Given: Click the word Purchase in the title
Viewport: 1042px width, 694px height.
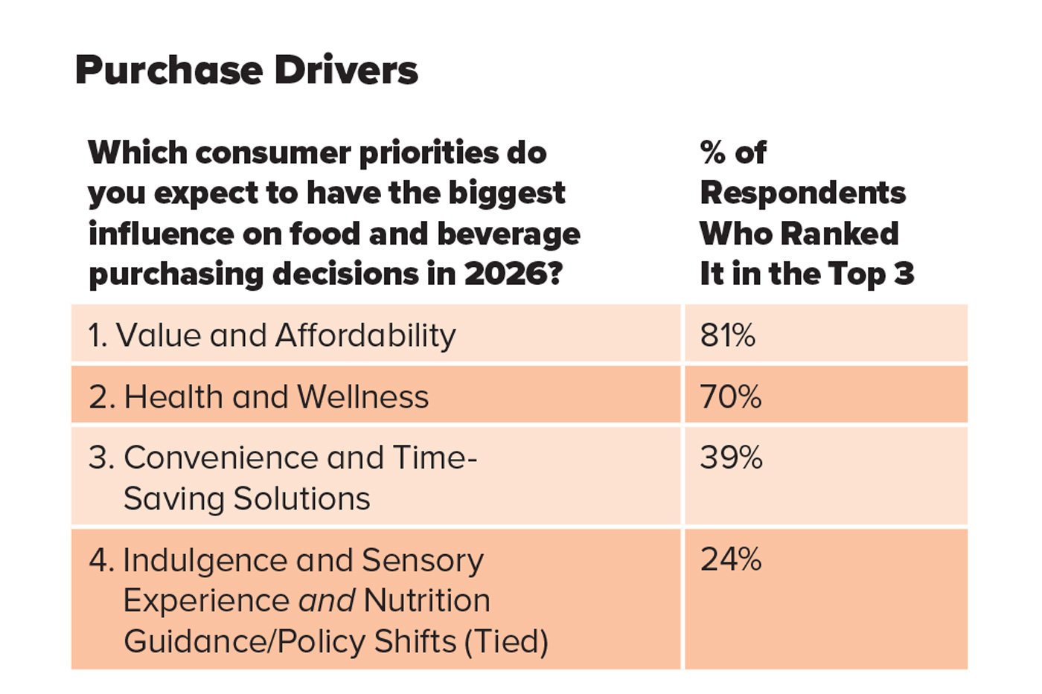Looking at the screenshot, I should [x=168, y=71].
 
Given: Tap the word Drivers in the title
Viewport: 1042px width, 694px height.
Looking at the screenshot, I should [x=345, y=71].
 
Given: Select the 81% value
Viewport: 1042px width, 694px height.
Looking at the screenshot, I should [x=727, y=335].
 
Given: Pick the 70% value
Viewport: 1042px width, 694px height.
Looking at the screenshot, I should [x=730, y=396].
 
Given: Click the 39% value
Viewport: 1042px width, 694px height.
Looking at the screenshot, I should [x=731, y=457].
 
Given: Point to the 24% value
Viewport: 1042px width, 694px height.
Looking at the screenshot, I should [x=730, y=559].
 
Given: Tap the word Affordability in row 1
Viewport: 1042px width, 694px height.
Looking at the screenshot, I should [x=365, y=335].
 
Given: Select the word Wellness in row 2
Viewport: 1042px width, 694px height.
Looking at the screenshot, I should [x=362, y=396].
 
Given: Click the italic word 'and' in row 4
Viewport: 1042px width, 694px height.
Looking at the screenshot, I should [x=327, y=601].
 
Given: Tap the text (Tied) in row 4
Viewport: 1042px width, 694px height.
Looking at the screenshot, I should [x=506, y=641].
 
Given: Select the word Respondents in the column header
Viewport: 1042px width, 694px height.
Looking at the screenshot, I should [x=802, y=193].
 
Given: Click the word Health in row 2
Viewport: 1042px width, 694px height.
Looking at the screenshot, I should [x=173, y=396].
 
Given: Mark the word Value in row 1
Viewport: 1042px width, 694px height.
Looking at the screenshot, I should [x=158, y=335].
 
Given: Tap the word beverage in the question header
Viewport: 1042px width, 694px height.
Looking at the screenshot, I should [x=508, y=234].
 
